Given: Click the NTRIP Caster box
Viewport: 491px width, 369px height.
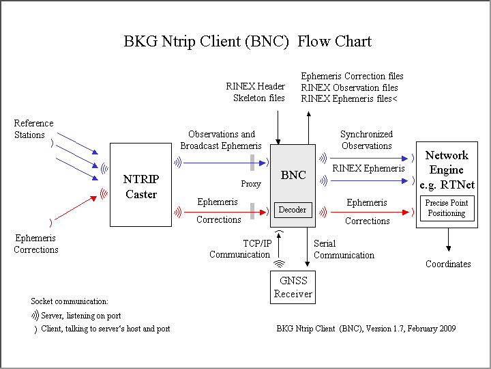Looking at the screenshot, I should pos(140,184).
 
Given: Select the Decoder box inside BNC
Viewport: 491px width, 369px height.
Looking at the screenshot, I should pos(293,210).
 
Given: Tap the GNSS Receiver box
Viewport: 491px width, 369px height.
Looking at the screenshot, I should pos(293,287).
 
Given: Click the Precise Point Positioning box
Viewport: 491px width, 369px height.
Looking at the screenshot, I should pos(446,208).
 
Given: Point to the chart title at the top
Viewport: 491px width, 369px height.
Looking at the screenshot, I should pos(248,41).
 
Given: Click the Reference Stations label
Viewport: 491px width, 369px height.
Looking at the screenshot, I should pos(33,129).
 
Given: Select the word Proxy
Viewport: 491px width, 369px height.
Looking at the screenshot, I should pos(251,184).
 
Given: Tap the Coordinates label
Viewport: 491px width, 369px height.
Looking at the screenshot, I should pos(448,264).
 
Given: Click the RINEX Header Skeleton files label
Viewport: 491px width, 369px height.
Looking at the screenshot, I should pos(256,92).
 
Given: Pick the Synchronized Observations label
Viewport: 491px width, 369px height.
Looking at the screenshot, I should pos(366,140).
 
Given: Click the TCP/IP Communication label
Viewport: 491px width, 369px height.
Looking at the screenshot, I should pos(240,249).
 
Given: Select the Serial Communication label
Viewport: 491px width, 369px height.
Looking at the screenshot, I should pos(344,249).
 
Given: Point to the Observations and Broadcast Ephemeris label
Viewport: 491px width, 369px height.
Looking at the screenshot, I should pos(221,140).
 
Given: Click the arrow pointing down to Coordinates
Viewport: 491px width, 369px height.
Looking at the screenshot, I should pos(448,240).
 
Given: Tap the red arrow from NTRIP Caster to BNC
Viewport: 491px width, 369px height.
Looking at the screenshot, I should pos(222,212).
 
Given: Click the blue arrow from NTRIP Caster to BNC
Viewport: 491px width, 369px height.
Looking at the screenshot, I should pos(222,163).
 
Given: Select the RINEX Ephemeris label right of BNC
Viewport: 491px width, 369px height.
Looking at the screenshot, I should pos(368,168).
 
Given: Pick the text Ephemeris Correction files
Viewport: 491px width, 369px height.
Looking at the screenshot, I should pos(352,77).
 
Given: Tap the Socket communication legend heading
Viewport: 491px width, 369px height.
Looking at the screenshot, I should pos(70,301).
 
